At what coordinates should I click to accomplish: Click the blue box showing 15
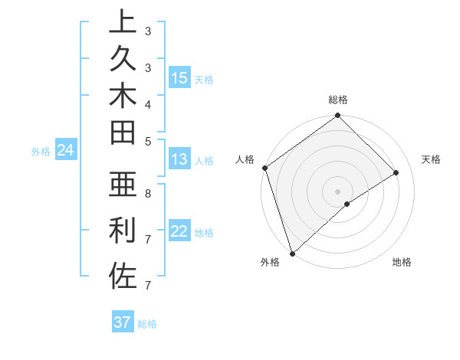[x=179, y=78]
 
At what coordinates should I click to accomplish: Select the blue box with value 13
[x=179, y=159]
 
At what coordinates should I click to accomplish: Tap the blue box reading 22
[x=179, y=232]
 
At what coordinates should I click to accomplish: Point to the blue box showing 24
[x=66, y=151]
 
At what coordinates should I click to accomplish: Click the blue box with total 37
[x=123, y=322]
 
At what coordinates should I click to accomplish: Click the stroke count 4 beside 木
[x=148, y=104]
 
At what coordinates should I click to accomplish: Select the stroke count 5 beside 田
[x=148, y=141]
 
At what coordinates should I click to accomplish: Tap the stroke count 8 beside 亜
[x=148, y=193]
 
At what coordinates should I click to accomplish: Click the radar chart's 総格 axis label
[x=337, y=100]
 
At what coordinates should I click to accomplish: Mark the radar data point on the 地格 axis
[x=347, y=204]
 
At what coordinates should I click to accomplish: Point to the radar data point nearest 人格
[x=264, y=168]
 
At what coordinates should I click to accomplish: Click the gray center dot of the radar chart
[x=337, y=191]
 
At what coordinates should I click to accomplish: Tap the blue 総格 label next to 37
[x=147, y=324]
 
